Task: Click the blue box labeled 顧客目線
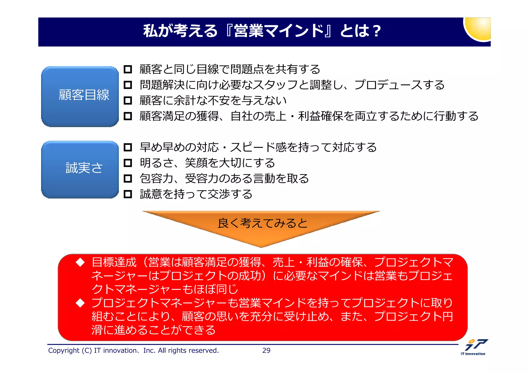tap(80, 96)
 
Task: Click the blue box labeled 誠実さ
tap(80, 169)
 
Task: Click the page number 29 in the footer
tap(266, 350)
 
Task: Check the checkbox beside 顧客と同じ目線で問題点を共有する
tap(128, 69)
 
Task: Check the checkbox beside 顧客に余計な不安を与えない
tap(128, 100)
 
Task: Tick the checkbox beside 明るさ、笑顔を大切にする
tap(128, 163)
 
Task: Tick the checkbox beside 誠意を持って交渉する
tap(128, 194)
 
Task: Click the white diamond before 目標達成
tap(80, 262)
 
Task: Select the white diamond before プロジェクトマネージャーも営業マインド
tap(80, 303)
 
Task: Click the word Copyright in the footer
tap(64, 350)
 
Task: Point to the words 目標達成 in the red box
tap(114, 262)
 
